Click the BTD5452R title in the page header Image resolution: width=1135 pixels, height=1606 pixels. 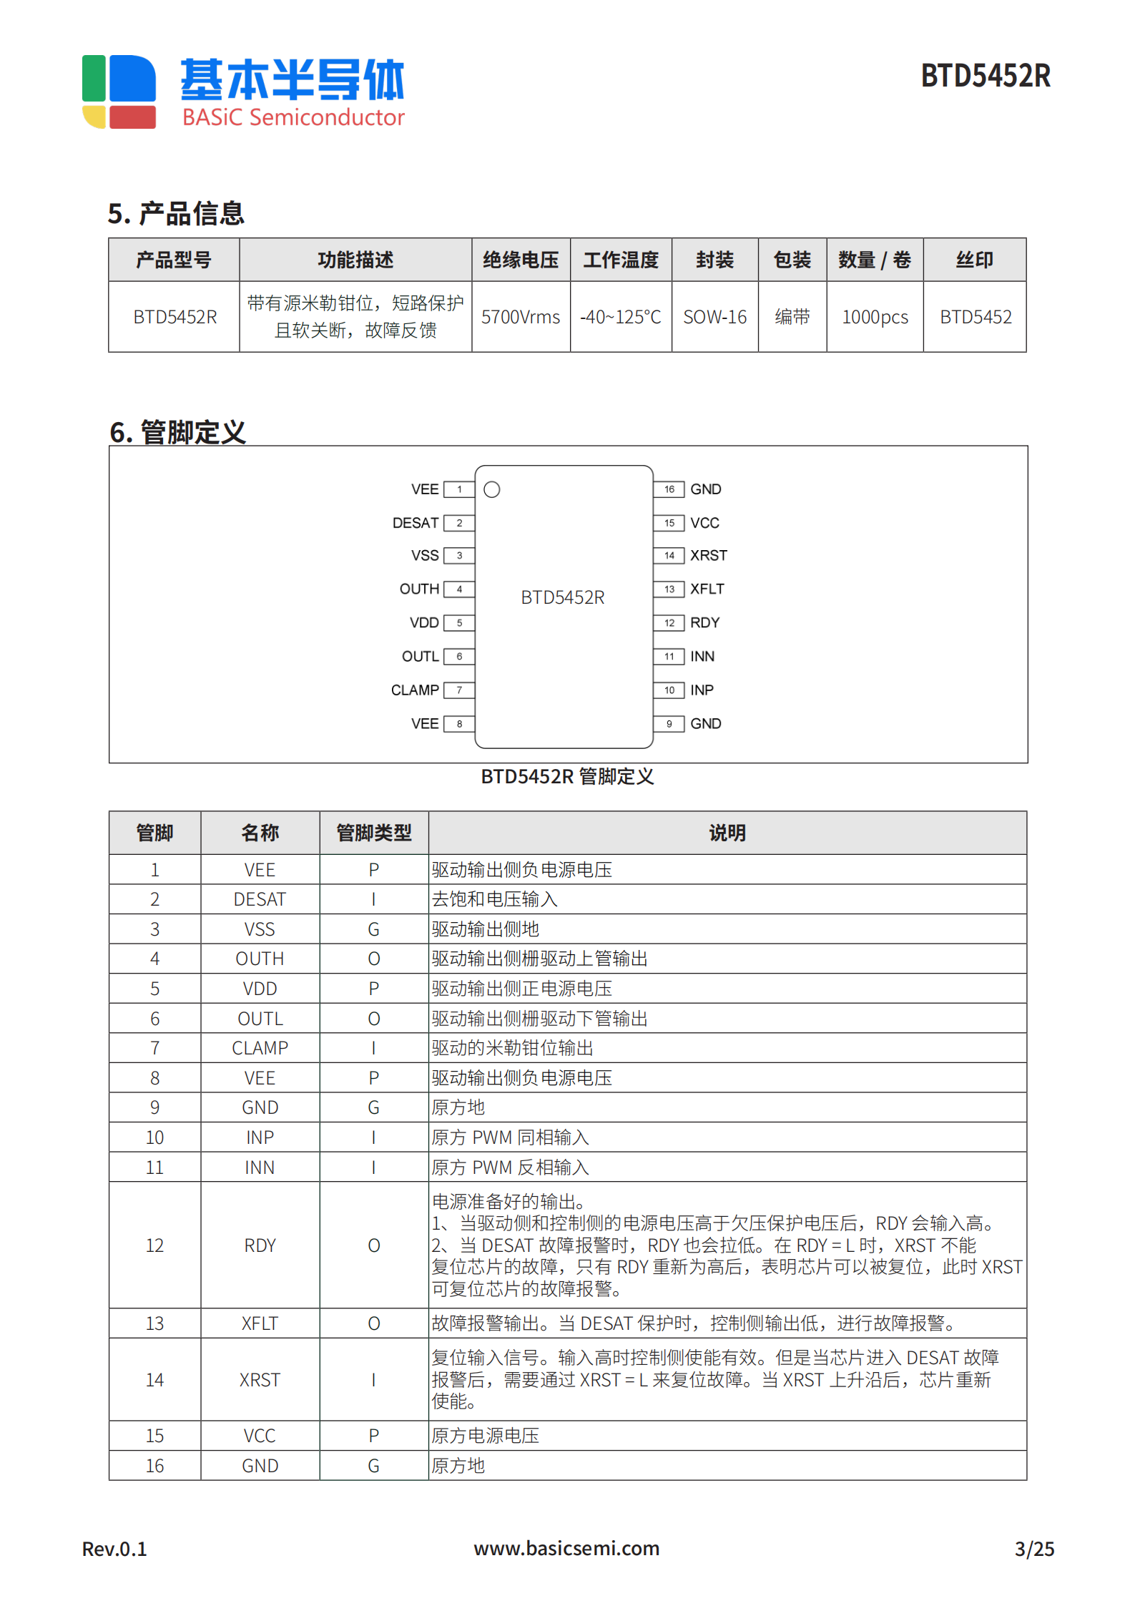pos(985,76)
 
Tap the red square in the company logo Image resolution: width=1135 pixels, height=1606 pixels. pos(132,117)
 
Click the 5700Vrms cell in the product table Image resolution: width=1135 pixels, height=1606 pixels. pos(520,317)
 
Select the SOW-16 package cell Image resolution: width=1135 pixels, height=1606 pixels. pos(714,317)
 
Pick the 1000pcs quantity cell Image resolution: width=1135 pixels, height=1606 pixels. pos(874,317)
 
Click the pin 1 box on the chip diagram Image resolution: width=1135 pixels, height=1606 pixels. pos(459,489)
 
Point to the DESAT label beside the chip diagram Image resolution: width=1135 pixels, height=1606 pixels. pos(415,523)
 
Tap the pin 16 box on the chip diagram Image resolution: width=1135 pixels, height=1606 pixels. pos(669,489)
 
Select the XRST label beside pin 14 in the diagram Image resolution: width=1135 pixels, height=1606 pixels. pos(708,555)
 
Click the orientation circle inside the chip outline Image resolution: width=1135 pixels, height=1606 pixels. pos(492,489)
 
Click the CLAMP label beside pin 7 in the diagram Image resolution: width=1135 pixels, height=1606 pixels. pos(414,690)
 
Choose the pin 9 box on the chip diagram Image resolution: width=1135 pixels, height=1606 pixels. pos(669,724)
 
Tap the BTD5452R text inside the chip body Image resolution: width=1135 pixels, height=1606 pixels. pos(562,597)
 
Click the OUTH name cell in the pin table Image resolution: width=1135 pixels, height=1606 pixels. pos(260,959)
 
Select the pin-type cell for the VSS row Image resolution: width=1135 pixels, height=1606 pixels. pos(373,929)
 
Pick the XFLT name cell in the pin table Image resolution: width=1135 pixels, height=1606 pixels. pos(260,1323)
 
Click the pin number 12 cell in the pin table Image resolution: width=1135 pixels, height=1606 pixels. pos(154,1245)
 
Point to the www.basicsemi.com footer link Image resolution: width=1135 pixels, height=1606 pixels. pos(566,1549)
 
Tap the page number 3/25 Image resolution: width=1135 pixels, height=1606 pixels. pos(1034,1549)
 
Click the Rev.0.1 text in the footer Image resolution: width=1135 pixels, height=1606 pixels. pos(114,1549)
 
